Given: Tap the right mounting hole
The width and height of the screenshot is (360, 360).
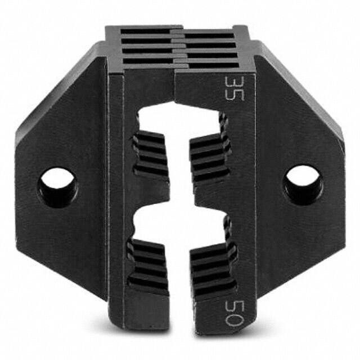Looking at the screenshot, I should point(303,182).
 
